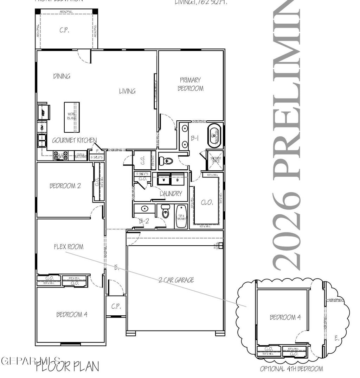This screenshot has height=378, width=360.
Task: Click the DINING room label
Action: pos(62,76)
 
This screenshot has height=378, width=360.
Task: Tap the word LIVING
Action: pos(127,91)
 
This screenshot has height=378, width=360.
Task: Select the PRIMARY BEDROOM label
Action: pos(190,84)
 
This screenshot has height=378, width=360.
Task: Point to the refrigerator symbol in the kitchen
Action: pos(43,113)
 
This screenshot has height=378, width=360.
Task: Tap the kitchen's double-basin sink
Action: pos(42,140)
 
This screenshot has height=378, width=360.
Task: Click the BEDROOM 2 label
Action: pos(65,186)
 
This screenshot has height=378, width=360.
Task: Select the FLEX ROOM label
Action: pos(69,247)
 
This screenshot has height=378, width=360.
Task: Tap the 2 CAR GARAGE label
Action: pos(176,280)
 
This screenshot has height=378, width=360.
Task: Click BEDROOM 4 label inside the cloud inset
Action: pos(285,317)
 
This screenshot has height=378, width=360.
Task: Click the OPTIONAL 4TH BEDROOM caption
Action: pos(291,369)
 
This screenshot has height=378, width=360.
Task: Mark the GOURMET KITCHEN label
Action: pos(74,140)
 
